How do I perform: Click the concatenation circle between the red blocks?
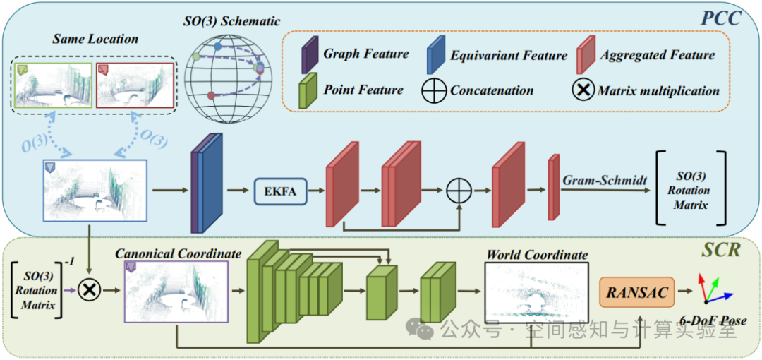coord(459,191)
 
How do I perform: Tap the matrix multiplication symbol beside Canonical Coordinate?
coord(90,290)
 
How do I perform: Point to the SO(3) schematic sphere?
coord(229,73)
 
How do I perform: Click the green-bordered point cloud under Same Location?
coord(53,85)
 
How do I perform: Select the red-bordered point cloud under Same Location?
coord(135,85)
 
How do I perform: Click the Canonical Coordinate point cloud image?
coord(176,292)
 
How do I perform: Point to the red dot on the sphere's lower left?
coord(211,95)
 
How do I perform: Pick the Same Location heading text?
coord(96,39)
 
